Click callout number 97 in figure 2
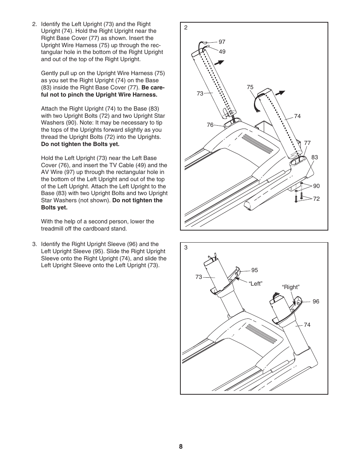(222, 42)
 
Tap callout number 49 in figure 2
(222, 52)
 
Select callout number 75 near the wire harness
(250, 87)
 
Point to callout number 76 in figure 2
(210, 125)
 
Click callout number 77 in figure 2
(307, 143)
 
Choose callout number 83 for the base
(314, 157)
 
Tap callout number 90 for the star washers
(316, 186)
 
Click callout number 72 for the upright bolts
(316, 199)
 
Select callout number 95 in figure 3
(255, 270)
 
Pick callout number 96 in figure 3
(316, 301)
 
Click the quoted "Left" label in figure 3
(255, 284)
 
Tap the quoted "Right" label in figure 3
(291, 287)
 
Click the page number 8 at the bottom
(181, 447)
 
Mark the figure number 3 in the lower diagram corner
(186, 248)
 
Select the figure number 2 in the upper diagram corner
(186, 28)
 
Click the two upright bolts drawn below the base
(298, 197)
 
